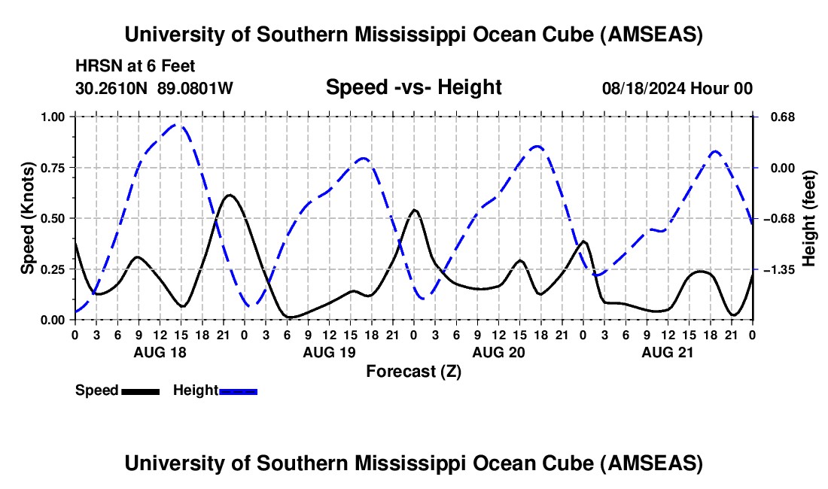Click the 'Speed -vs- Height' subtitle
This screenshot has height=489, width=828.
click(x=413, y=87)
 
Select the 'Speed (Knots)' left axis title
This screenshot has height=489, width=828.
click(x=28, y=218)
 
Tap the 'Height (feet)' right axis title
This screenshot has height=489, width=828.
click(x=809, y=218)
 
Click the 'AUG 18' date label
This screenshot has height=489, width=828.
click(x=160, y=352)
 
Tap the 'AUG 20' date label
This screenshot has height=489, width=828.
click(x=498, y=352)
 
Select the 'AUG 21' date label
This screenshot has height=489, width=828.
click(x=668, y=352)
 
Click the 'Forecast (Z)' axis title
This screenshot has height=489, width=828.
click(x=413, y=371)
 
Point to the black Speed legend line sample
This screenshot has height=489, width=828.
click(x=140, y=390)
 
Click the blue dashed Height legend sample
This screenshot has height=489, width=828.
click(x=238, y=390)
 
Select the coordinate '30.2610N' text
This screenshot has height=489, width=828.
click(x=113, y=88)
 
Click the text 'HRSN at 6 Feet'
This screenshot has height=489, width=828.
click(x=135, y=66)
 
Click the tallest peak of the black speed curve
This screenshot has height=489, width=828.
click(x=230, y=195)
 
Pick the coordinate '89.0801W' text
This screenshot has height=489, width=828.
click(x=195, y=88)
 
